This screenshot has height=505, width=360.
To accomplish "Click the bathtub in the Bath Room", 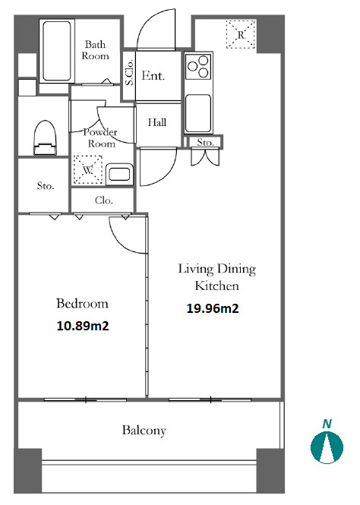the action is click(x=57, y=51).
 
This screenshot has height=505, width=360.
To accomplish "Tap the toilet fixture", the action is click(x=45, y=138).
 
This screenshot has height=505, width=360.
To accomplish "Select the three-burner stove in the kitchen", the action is click(x=198, y=67).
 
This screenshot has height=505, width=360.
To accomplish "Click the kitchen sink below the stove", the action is click(x=198, y=113).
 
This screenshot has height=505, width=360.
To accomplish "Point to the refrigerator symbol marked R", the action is click(x=241, y=34).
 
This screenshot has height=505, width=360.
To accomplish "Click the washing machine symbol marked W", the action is click(x=88, y=170).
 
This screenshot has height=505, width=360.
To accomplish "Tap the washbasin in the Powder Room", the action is click(x=119, y=174).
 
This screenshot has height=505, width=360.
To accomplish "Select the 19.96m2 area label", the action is click(x=213, y=308).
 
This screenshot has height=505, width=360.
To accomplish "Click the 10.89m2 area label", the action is click(x=83, y=326).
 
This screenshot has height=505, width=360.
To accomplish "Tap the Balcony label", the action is click(x=144, y=431).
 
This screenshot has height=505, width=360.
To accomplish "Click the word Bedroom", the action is click(x=82, y=304).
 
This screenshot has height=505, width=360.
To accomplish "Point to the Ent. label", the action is click(x=153, y=75).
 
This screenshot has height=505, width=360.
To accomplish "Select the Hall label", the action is click(x=157, y=122).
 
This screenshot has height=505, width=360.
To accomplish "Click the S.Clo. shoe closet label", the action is click(x=129, y=72).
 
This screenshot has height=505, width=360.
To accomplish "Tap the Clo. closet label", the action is click(x=104, y=200).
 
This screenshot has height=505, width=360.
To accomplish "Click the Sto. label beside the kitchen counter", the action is click(x=205, y=142).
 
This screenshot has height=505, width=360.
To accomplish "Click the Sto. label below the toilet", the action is click(x=46, y=186).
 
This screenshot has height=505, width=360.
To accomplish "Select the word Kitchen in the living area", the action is click(x=216, y=286).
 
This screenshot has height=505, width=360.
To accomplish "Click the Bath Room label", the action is click(x=95, y=50).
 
